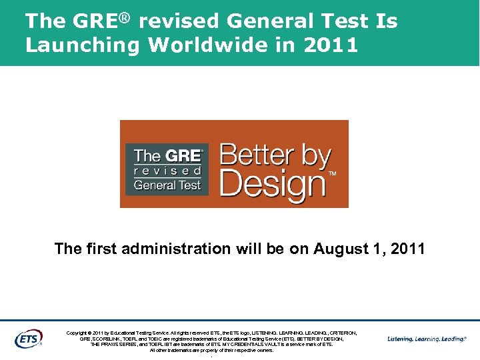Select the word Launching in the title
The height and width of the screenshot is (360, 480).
pos(82,45)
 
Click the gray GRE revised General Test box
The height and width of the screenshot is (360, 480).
pos(167,169)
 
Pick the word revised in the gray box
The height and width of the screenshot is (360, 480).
pos(167,171)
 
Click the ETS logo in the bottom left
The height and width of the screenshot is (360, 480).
pos(27,338)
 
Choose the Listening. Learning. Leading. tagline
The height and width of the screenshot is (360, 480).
pos(427,339)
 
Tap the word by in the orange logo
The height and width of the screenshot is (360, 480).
pos(316,157)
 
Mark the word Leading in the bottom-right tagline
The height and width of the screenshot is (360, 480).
pos(454,339)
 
